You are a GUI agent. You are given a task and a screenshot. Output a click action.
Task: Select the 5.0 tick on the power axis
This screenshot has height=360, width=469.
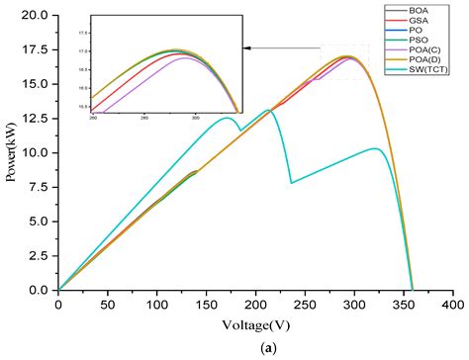pos(40,222)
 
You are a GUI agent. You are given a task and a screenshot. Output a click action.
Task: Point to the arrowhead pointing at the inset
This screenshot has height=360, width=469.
pos(247,47)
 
